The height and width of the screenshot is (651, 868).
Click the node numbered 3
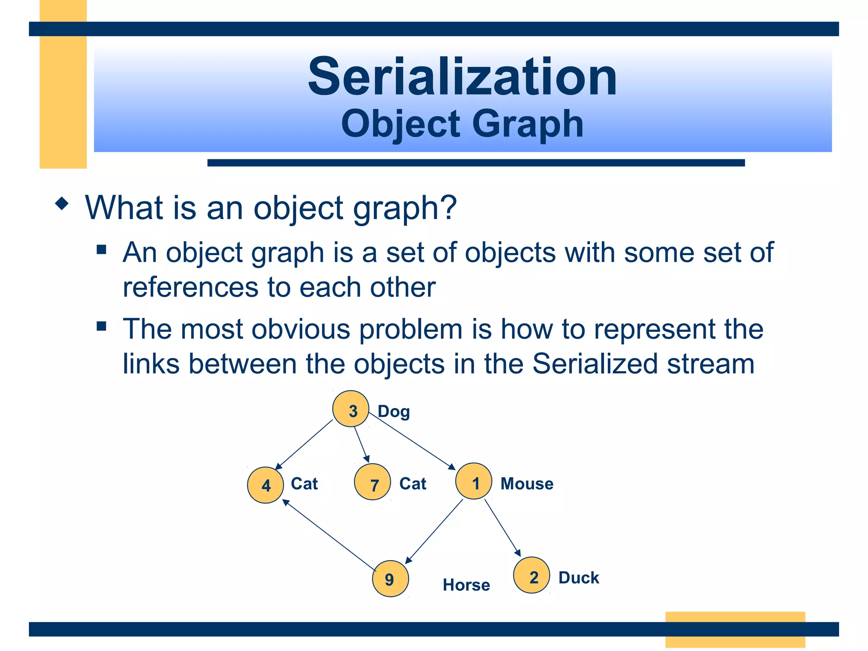tap(351, 409)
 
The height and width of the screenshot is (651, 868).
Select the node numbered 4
tap(265, 485)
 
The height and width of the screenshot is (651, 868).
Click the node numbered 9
tap(390, 579)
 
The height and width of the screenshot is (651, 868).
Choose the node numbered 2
tap(531, 575)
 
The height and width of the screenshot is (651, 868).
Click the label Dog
tap(394, 412)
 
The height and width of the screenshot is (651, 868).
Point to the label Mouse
tap(527, 484)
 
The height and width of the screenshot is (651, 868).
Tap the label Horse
tap(466, 585)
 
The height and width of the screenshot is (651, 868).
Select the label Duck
tap(579, 578)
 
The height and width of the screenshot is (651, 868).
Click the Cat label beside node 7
tap(413, 484)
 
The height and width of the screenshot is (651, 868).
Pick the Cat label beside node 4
tap(304, 484)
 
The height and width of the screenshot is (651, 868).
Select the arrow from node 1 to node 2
tap(502, 528)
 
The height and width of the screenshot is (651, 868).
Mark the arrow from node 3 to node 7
tap(362, 444)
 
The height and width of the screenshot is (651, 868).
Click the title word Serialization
tap(462, 77)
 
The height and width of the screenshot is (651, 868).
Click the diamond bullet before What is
tap(62, 203)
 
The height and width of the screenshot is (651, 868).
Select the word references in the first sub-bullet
tap(190, 287)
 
